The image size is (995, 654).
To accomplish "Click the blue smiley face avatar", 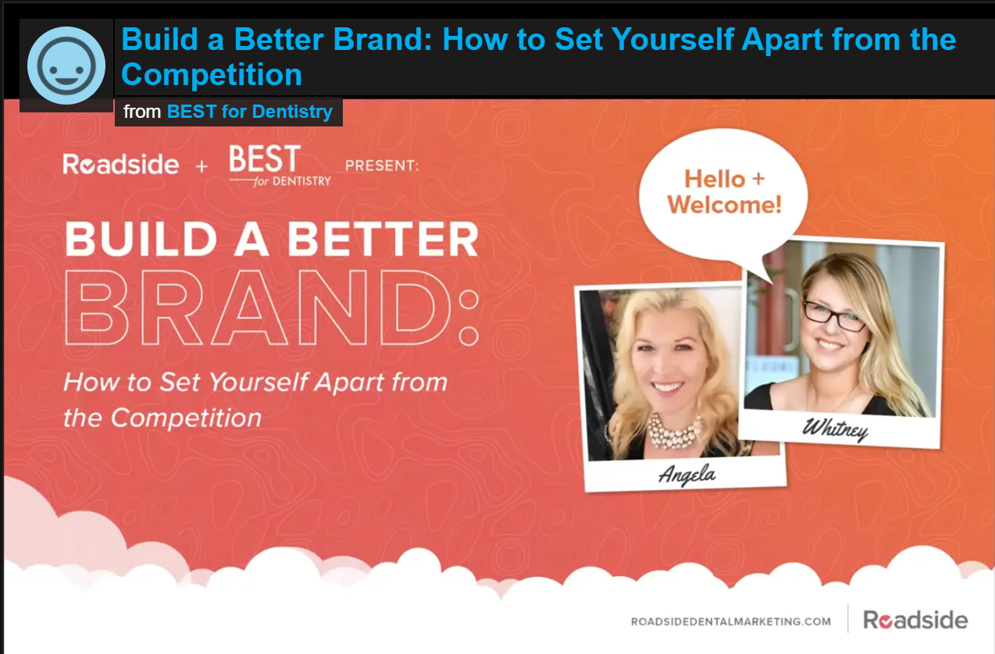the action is point(66,66).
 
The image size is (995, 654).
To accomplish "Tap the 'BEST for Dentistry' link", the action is point(250,112).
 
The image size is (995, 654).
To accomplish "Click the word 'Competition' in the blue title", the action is point(212,74).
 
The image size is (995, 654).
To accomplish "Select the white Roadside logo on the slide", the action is point(121,164).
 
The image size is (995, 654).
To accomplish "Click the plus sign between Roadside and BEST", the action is point(202,166).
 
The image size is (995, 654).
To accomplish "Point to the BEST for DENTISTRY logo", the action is point(280,165).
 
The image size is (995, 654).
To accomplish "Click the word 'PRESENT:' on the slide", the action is point(382,165).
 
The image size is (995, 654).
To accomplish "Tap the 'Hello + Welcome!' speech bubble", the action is point(724,195).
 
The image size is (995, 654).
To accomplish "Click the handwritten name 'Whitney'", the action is point(835,429).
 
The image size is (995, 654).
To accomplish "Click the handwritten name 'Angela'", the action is point(687,475).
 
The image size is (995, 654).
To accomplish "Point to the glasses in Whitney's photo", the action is point(834,316).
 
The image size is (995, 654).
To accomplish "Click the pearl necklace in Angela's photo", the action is point(674,430).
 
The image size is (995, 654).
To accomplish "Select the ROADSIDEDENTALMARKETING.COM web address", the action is point(731,621).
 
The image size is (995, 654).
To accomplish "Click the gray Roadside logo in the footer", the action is point(915,620).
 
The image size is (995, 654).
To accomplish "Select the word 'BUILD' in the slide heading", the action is point(141,239).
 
